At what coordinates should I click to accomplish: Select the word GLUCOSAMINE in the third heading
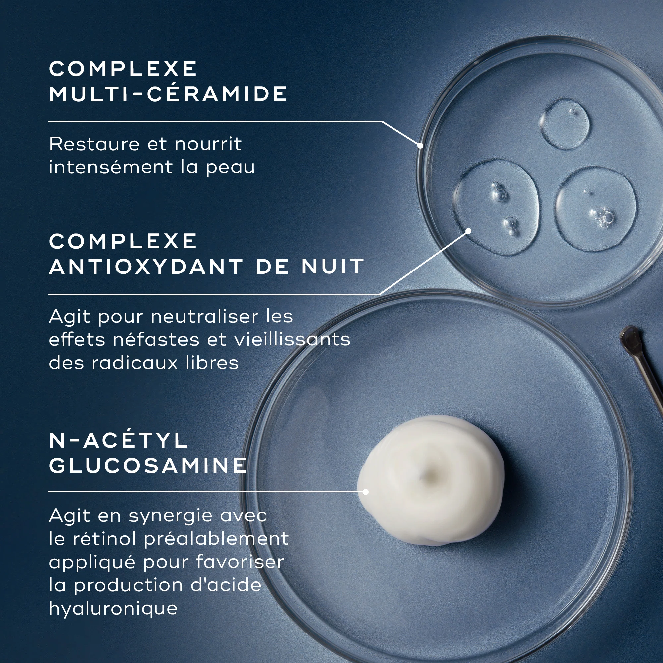(148, 465)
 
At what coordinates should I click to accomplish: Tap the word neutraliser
(205, 316)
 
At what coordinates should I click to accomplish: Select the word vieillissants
(292, 339)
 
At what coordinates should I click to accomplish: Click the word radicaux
(135, 363)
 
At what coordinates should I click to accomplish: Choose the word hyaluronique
(113, 609)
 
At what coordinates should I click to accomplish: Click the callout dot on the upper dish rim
(420, 145)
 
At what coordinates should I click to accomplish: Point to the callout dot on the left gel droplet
(468, 231)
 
